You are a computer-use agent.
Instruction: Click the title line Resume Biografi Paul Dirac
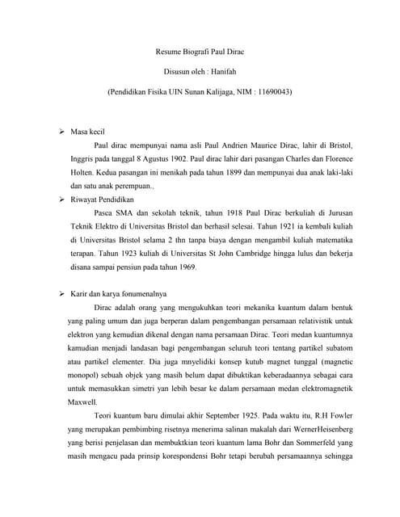(x=200, y=53)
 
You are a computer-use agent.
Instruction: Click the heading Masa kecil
(x=90, y=130)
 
